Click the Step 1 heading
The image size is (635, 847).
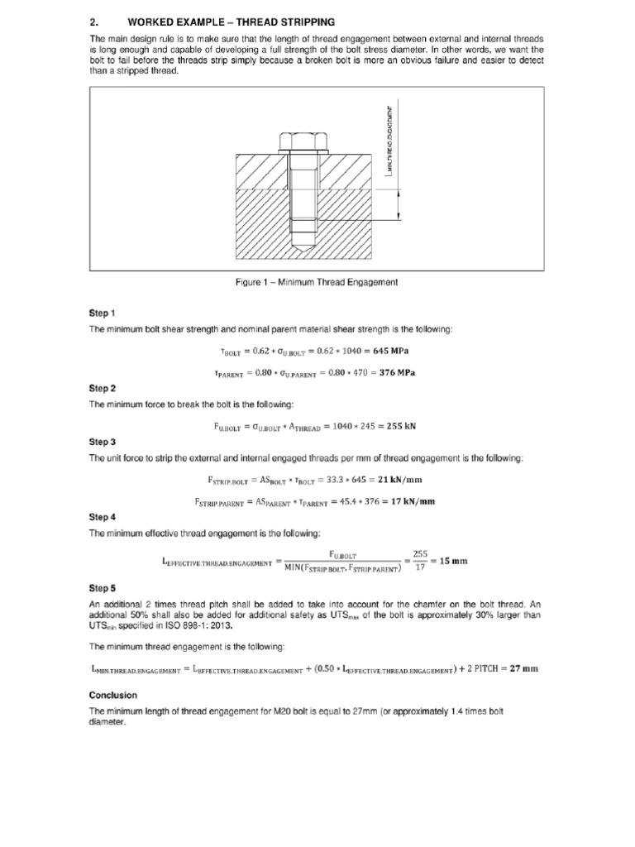pyautogui.click(x=103, y=313)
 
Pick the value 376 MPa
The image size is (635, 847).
pyautogui.click(x=395, y=372)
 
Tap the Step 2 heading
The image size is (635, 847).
pyautogui.click(x=103, y=388)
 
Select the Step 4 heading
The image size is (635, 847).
pyautogui.click(x=103, y=517)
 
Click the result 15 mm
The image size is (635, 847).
pyautogui.click(x=451, y=561)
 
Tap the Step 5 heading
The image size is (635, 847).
pyautogui.click(x=103, y=588)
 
